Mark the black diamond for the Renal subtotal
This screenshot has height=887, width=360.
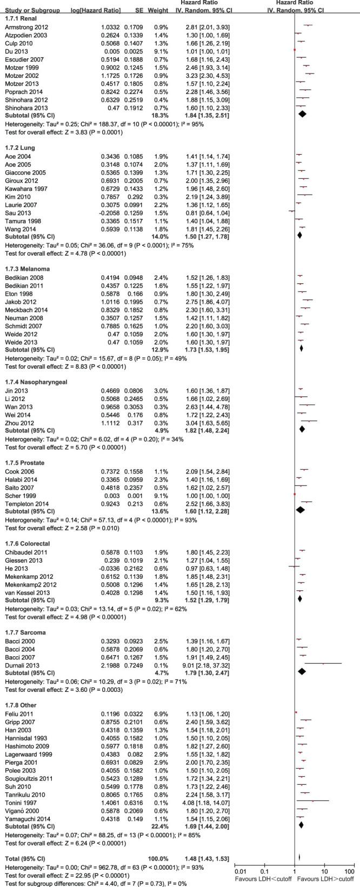click(x=302, y=114)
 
